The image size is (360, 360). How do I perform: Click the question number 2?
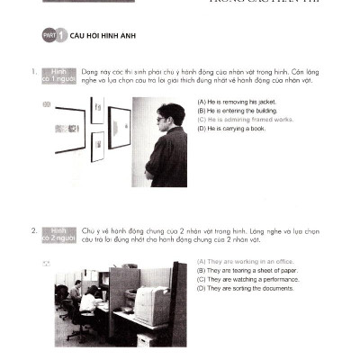tap(32, 231)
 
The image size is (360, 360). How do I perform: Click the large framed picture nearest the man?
tap(119, 127)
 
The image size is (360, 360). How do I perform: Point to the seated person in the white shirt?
tap(88, 301)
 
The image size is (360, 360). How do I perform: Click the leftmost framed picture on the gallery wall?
tap(68, 130)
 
